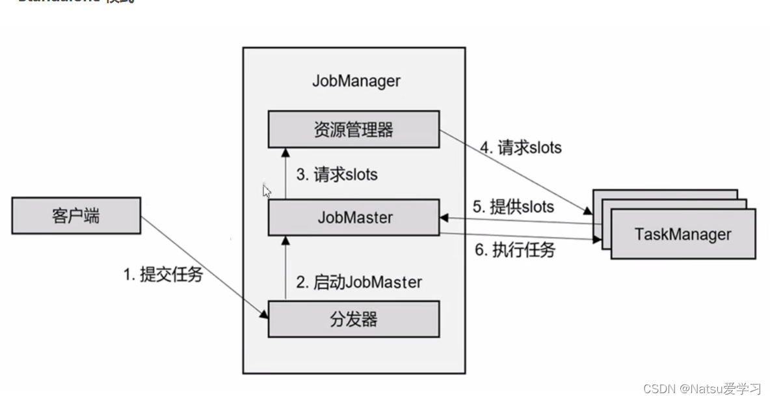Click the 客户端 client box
tap(75, 215)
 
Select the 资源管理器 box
tap(354, 129)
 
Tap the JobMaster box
tap(354, 217)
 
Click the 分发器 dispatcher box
tap(354, 319)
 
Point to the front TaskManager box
tap(682, 234)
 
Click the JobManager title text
tap(356, 81)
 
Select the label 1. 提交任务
tap(163, 275)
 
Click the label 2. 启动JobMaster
tap(359, 283)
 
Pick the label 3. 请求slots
tap(337, 174)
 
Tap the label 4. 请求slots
tap(520, 148)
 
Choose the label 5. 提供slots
tap(513, 207)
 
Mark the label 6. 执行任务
tap(514, 250)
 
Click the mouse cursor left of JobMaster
tap(267, 191)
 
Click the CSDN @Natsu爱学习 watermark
tap(702, 389)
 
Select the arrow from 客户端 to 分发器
tap(205, 267)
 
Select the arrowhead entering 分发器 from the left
tap(264, 316)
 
